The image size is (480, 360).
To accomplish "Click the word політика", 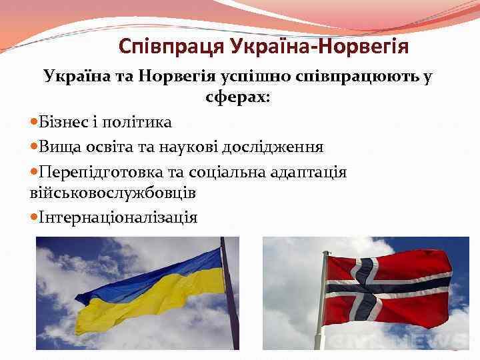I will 138,122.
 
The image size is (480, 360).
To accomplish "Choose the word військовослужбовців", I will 113,193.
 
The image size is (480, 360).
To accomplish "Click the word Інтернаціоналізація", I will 118,217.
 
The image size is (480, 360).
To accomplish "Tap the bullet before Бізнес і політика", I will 34,123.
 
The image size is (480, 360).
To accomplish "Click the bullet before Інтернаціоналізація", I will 34,218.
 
